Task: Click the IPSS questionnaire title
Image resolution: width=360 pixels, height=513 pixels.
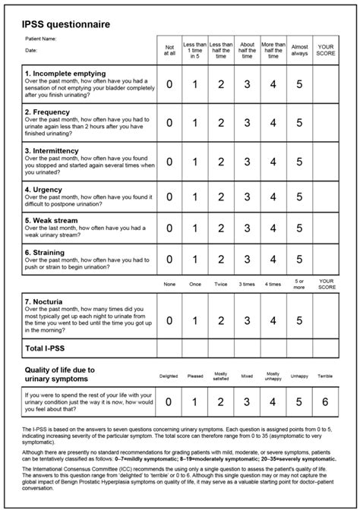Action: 66,24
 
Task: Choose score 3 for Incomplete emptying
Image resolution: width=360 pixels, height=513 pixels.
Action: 248,83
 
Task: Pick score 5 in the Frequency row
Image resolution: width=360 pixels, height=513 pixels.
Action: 299,122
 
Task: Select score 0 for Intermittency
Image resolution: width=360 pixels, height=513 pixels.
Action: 169,162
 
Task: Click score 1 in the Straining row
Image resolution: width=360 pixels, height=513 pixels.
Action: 195,260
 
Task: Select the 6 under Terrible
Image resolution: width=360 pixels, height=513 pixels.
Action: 326,401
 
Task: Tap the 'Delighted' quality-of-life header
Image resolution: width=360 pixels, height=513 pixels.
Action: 169,375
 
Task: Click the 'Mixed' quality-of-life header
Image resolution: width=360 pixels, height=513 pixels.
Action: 248,375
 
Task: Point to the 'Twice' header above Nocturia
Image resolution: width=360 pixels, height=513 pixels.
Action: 221,285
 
